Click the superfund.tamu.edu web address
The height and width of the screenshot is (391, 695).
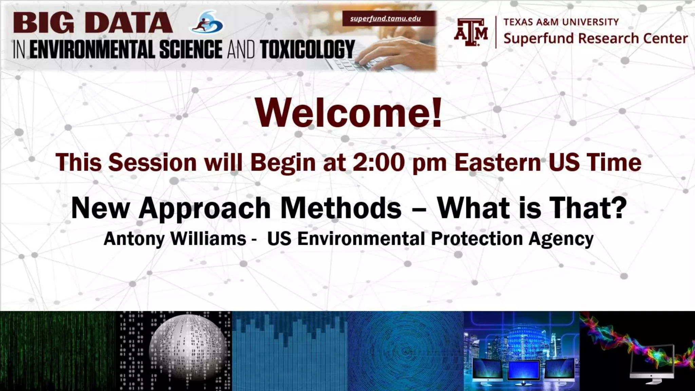tap(386, 18)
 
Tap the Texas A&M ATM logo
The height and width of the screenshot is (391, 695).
tap(471, 32)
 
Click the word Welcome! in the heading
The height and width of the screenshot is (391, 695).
tap(349, 112)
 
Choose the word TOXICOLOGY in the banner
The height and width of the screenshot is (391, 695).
tap(307, 50)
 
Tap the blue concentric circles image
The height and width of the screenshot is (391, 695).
tap(406, 351)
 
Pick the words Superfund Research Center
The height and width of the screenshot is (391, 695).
tap(596, 38)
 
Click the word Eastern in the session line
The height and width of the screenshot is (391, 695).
tap(497, 162)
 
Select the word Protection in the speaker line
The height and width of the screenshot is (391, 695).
tap(477, 239)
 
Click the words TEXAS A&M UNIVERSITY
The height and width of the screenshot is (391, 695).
tap(561, 22)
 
